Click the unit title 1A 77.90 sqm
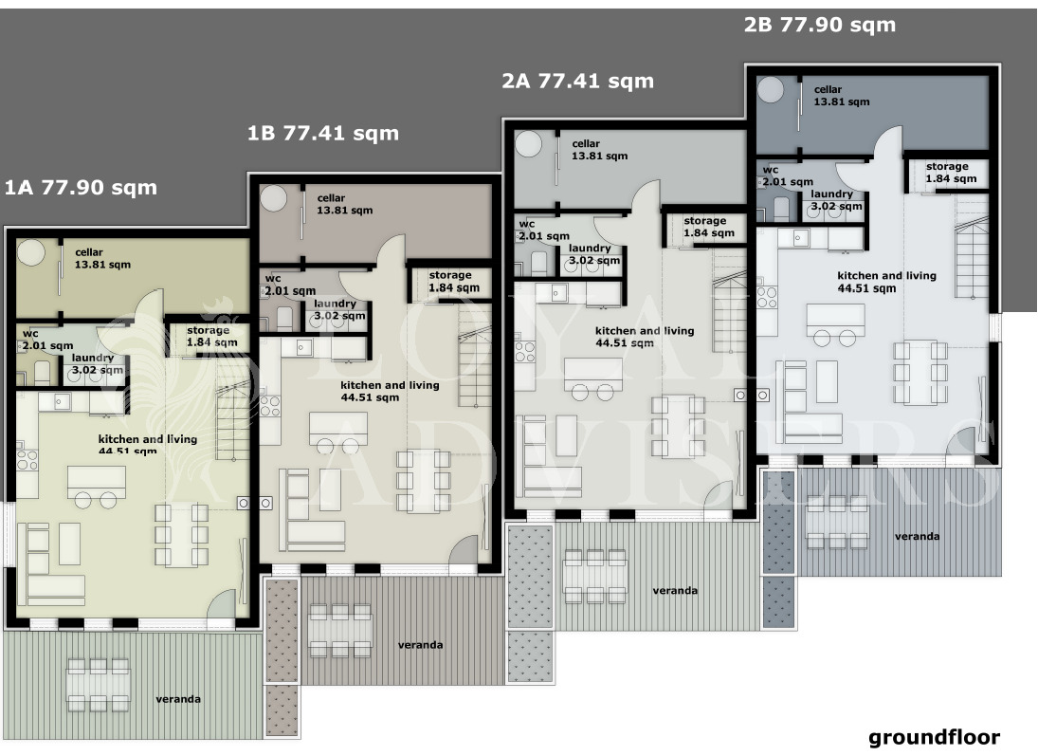point(81,188)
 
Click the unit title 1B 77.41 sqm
point(323,133)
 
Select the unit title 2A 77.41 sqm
point(577,81)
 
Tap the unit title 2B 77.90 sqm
point(820,25)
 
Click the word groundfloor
point(934,737)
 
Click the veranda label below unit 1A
point(178,699)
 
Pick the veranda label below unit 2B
point(917,536)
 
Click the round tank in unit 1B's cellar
point(273,198)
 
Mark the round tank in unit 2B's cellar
point(771,89)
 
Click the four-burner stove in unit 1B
point(269,406)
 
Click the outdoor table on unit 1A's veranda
point(98,685)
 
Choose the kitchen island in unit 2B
point(835,321)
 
